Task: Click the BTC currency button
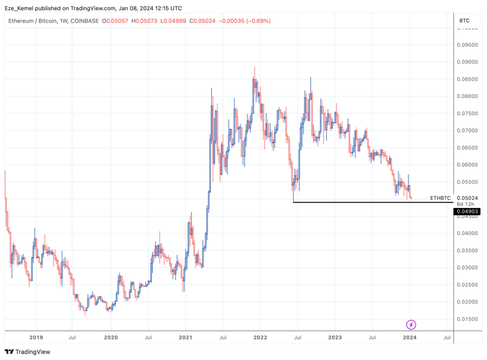click(464, 21)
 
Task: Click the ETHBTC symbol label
click(440, 198)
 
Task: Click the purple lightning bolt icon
click(411, 325)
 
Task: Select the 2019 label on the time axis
click(36, 338)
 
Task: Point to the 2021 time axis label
click(185, 338)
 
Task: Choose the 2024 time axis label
click(409, 338)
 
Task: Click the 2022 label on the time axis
click(260, 338)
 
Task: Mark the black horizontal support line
click(371, 203)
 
